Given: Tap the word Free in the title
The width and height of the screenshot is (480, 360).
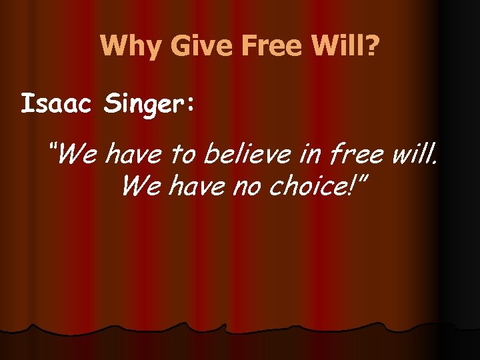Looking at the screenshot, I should (x=259, y=46).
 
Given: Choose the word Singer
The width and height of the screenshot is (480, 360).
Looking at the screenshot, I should (x=141, y=105).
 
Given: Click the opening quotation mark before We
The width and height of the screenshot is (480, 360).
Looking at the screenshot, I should (x=53, y=147).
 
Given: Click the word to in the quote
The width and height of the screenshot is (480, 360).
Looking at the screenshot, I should (x=183, y=155).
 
